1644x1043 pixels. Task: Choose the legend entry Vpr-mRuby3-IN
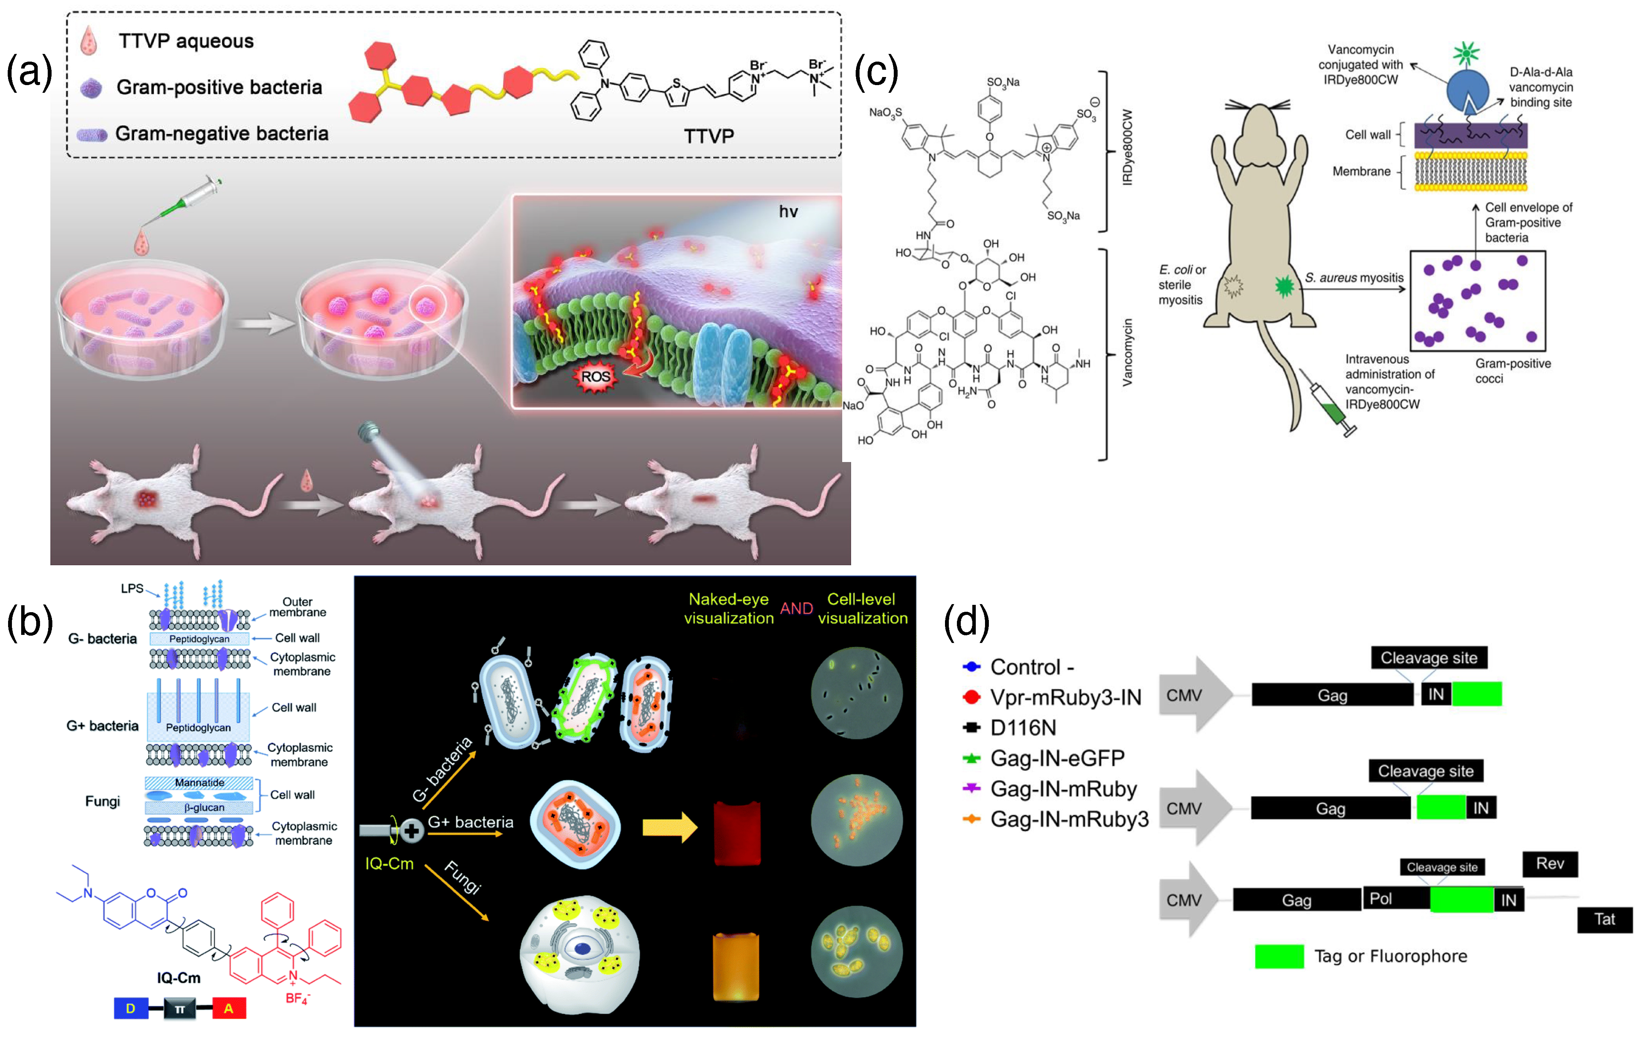click(x=1065, y=697)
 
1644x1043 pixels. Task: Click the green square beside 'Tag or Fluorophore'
click(x=1279, y=956)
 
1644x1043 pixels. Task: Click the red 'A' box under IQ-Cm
click(x=229, y=1008)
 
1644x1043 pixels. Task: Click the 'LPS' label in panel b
click(x=132, y=588)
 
